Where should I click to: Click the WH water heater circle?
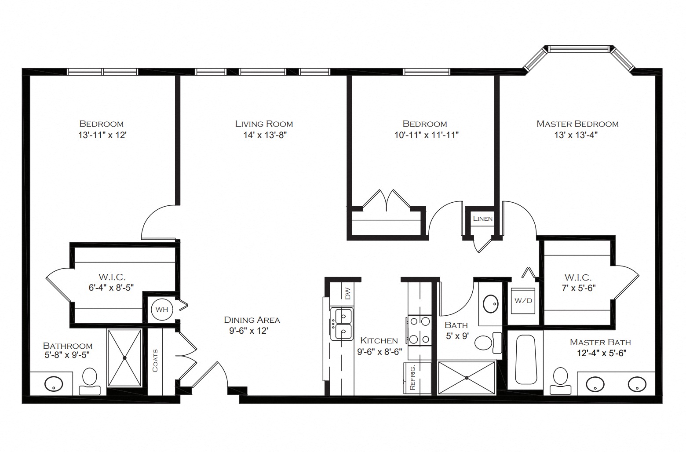[162, 309]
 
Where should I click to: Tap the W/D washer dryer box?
[523, 301]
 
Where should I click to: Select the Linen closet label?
[483, 219]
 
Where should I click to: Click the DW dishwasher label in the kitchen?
[347, 293]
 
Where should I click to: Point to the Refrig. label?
[412, 377]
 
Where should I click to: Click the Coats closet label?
[155, 361]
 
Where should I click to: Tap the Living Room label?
[264, 124]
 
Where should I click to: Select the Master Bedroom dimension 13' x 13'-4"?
[576, 135]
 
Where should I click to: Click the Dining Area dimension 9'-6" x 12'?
[249, 331]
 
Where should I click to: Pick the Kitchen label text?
[379, 340]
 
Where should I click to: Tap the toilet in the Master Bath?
[560, 381]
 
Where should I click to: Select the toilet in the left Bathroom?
[90, 381]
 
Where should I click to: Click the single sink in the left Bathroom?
[54, 384]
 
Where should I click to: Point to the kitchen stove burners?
[420, 330]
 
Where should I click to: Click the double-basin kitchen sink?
[342, 324]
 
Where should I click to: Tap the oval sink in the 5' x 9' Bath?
[490, 304]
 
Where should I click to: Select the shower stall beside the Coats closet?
[124, 357]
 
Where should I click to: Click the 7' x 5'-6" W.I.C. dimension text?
[579, 288]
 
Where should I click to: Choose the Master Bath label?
[600, 343]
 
